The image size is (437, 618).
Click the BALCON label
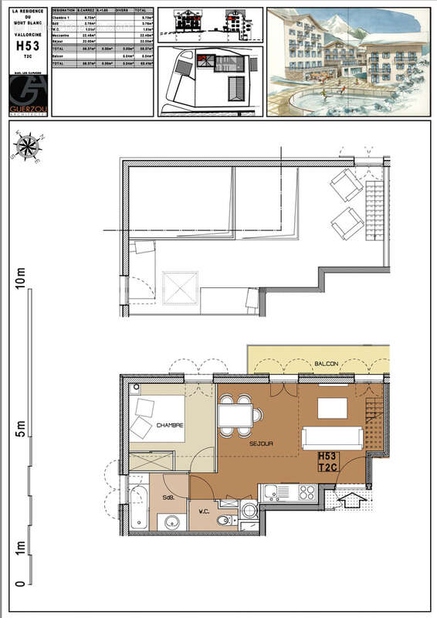tap(327, 363)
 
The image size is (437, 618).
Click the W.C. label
tap(205, 511)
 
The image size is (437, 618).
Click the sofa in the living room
tap(332, 437)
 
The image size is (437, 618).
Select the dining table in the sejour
tap(237, 416)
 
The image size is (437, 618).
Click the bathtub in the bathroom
tap(140, 508)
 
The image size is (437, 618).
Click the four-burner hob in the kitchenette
tap(307, 491)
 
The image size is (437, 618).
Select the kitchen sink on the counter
tap(273, 492)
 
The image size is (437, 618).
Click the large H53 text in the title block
tap(28, 46)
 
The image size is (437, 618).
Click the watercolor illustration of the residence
tap(347, 62)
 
